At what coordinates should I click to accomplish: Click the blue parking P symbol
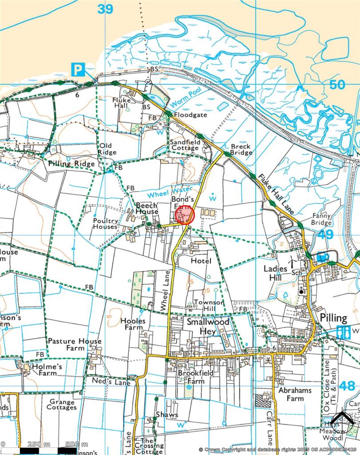tap(78, 69)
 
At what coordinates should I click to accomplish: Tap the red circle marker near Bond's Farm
tap(185, 216)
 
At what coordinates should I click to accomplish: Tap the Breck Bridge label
tap(241, 149)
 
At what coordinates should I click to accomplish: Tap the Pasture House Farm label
tap(75, 345)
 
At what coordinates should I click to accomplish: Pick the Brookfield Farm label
tap(191, 377)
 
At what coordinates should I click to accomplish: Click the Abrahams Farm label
tap(295, 394)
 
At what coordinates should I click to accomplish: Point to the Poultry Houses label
tap(106, 224)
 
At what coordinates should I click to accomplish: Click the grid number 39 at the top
tap(105, 9)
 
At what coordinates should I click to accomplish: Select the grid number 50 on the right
tap(337, 84)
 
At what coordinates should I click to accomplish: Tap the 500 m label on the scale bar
tap(76, 444)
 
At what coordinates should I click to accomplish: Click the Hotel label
tap(201, 261)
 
